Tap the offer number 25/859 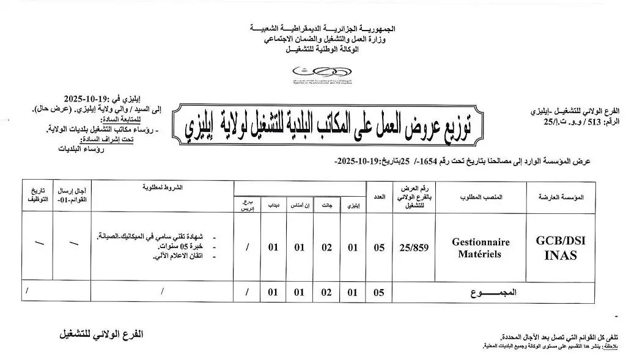coord(413,247)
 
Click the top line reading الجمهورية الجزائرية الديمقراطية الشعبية coord(323,29)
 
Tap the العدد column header coord(380,198)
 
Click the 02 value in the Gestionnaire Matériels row coord(326,247)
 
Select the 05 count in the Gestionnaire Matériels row coord(379,247)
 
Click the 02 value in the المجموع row coord(326,292)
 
